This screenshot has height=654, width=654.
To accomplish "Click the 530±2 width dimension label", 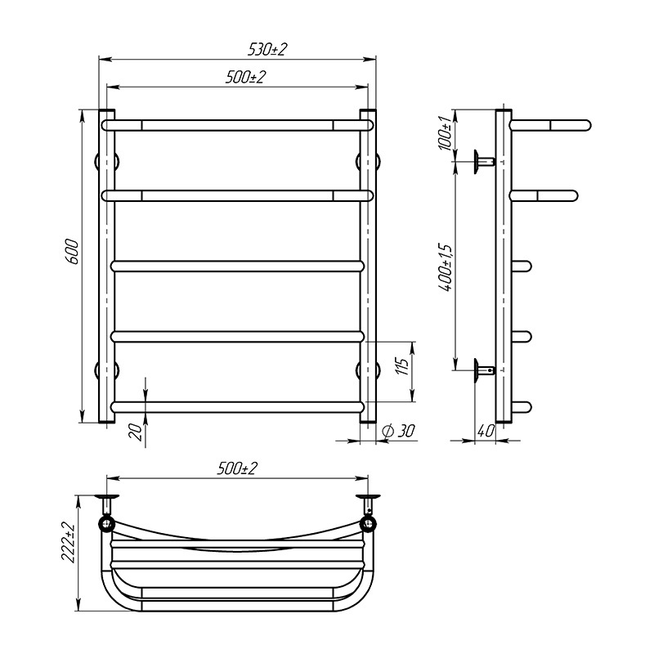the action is (x=268, y=50).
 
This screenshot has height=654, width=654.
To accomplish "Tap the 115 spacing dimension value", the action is (x=401, y=366).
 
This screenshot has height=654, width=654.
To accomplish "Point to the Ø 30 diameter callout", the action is (x=398, y=431).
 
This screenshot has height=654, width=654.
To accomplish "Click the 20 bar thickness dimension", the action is (x=136, y=432).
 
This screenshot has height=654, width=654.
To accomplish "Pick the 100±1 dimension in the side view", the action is (x=445, y=133).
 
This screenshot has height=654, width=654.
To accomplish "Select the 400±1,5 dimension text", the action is (x=445, y=267).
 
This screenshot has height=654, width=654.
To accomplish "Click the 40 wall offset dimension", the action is (x=486, y=431).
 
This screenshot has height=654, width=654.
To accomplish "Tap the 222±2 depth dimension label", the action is (x=69, y=542).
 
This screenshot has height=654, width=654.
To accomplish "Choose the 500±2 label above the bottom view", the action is (x=237, y=468).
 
